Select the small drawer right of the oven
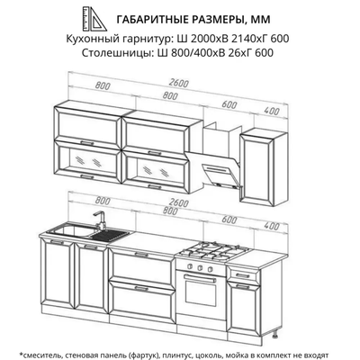tap(241, 272)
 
